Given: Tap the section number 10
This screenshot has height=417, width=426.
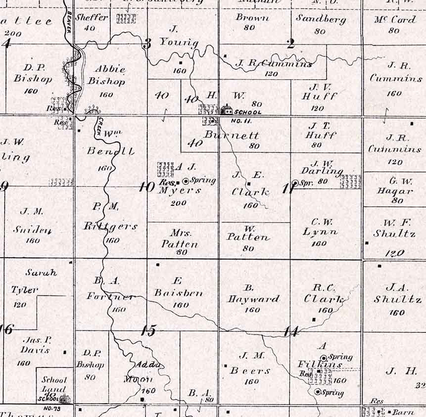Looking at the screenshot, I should (147, 187).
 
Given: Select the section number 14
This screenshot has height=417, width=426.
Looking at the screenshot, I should (291, 331).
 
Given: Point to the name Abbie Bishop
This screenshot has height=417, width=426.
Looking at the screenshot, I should (106, 75).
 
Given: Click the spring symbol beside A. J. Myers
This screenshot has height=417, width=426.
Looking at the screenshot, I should (186, 181).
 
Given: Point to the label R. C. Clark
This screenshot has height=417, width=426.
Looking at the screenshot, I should (324, 294).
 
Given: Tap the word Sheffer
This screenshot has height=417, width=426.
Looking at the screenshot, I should (93, 18).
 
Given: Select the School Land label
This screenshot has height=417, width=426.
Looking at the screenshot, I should (53, 384).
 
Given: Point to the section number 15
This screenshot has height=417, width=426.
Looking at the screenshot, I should (147, 331).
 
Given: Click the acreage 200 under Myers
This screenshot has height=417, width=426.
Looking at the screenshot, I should (178, 203).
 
